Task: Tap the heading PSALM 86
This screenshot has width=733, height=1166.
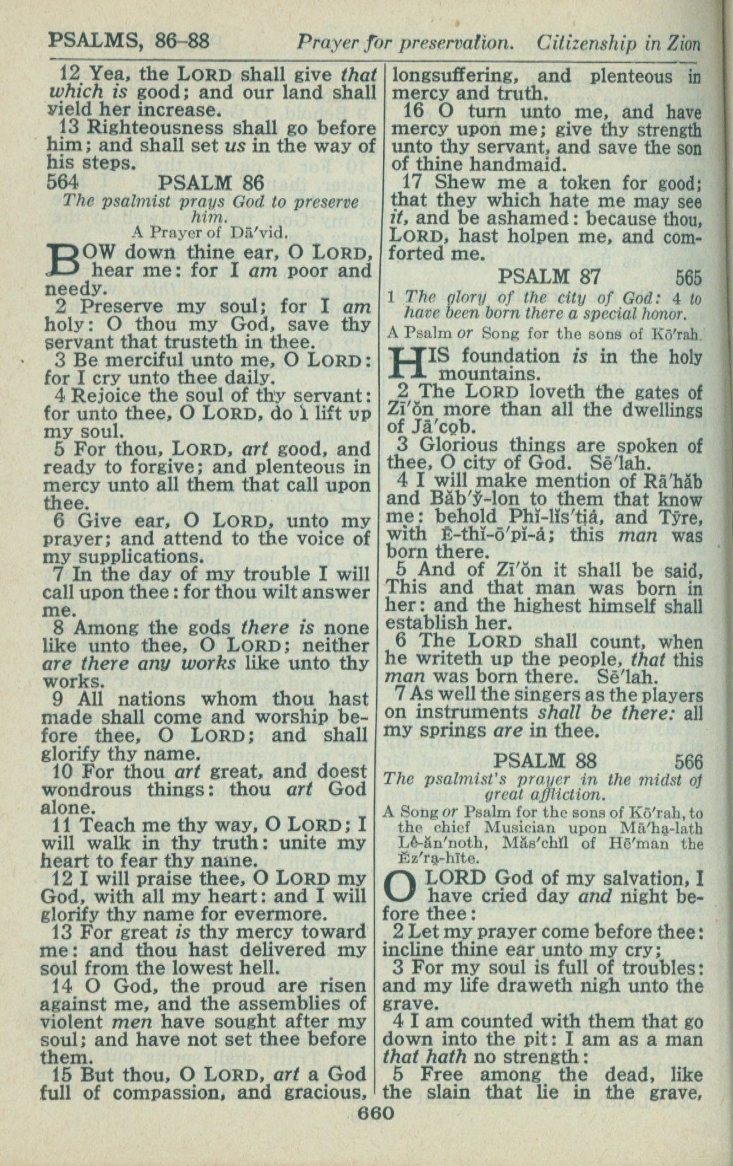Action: (211, 182)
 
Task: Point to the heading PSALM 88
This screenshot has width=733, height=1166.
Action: (545, 761)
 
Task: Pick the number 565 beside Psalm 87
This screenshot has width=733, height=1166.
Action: (688, 277)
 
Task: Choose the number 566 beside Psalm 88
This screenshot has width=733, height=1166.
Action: (688, 762)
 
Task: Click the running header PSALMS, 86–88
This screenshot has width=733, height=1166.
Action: (129, 41)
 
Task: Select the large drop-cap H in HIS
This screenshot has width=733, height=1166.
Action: (406, 364)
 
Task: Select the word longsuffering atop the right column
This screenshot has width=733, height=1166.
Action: (455, 76)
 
